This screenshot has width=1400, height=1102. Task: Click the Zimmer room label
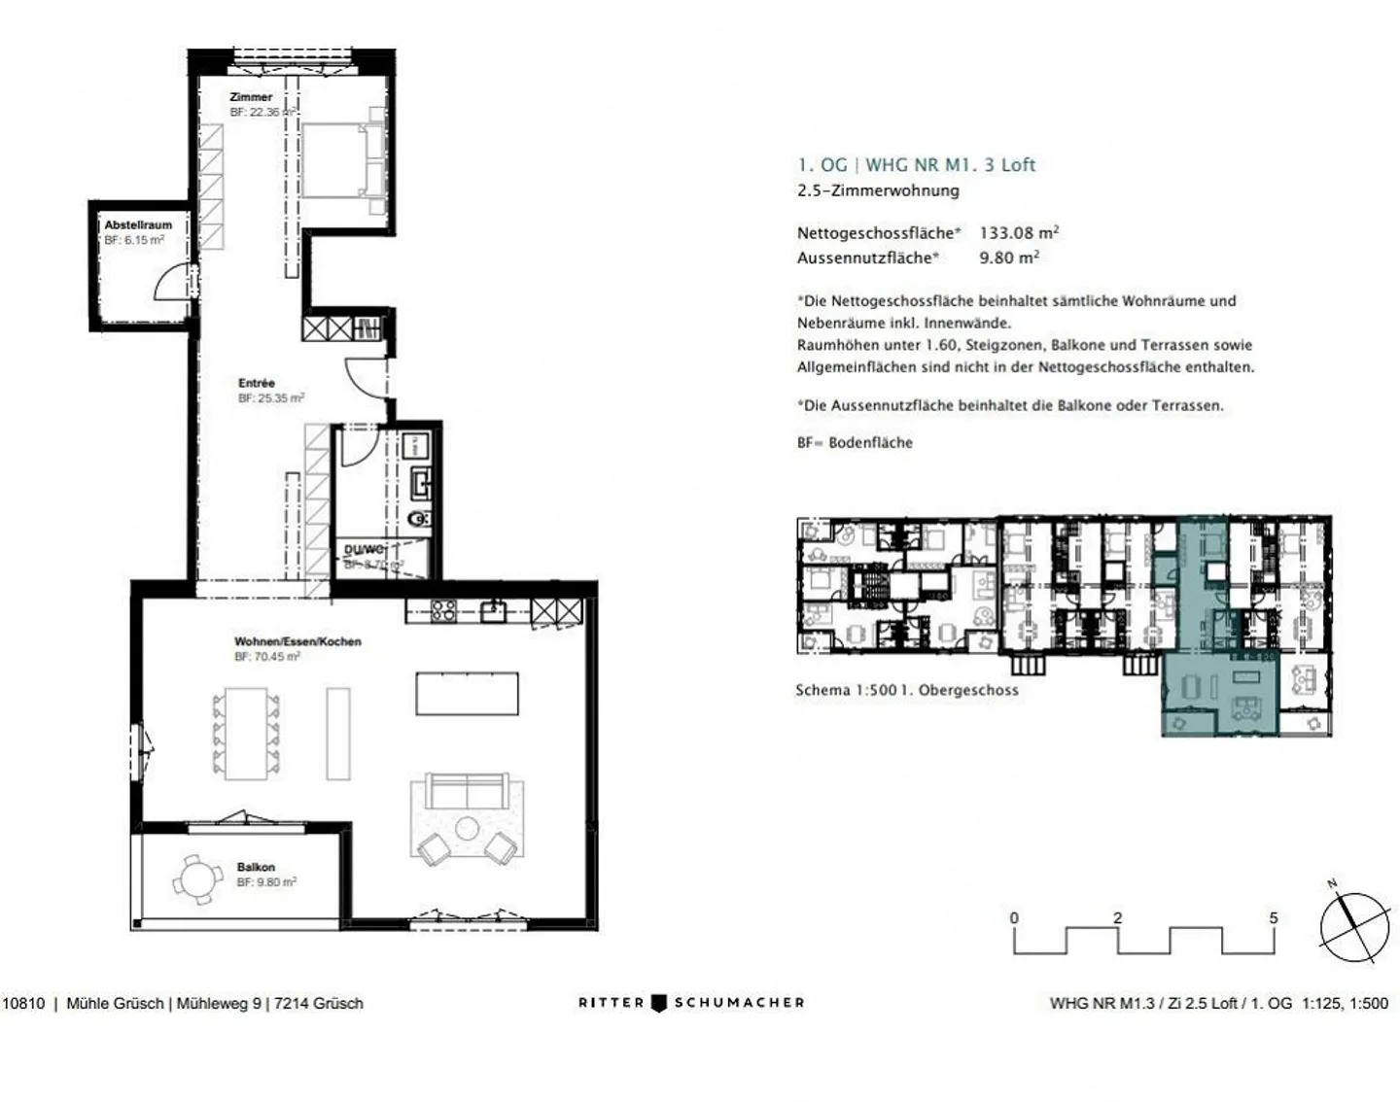[x=251, y=97]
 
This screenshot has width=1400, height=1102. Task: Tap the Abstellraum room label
[x=138, y=224]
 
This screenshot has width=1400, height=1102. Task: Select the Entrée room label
[x=257, y=384]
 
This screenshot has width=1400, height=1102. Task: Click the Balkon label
[x=256, y=867]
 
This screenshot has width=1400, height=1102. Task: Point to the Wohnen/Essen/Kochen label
[x=297, y=641]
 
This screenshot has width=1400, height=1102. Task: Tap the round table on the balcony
[x=198, y=880]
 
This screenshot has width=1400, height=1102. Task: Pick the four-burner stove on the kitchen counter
[x=443, y=610]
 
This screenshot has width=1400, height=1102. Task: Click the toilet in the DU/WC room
[x=419, y=519]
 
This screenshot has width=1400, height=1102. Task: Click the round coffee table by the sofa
[x=468, y=829]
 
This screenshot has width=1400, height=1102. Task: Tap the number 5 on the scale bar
[x=1274, y=917]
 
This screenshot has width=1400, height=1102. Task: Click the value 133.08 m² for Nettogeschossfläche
[x=1018, y=233]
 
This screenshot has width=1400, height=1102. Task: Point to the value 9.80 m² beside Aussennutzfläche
[x=1008, y=258]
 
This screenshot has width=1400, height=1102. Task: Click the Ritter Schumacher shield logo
[x=659, y=1003]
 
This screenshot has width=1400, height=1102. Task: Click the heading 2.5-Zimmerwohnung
[x=878, y=190]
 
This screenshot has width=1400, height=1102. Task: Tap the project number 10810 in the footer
[x=23, y=1003]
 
